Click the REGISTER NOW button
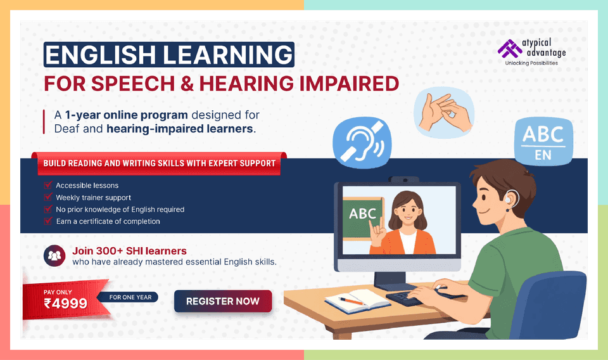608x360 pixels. pos(223,302)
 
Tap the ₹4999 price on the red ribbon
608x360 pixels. pos(65,303)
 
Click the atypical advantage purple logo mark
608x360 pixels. pos(507,48)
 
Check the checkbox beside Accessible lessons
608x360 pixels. pos(47,185)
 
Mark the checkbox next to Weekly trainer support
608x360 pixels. pos(47,197)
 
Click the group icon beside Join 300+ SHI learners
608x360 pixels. pos(54,255)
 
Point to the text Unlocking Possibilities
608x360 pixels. pos(531,63)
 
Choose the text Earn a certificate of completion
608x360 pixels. pos(108,221)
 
